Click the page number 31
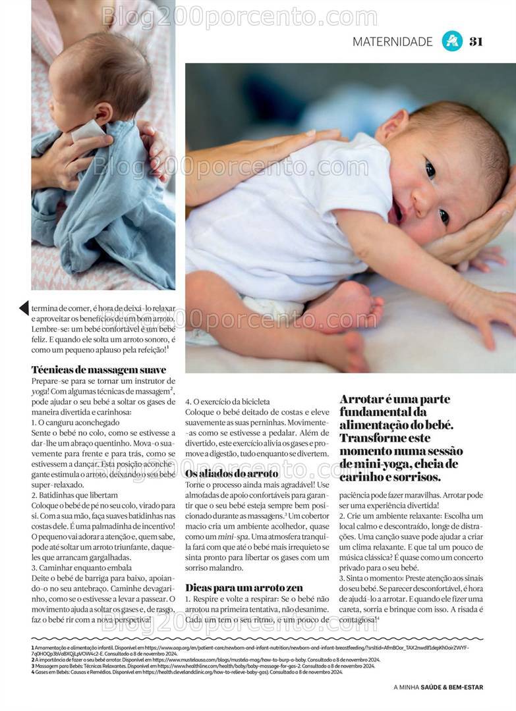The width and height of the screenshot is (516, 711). (476, 41)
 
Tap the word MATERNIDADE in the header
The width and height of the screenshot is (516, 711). (392, 41)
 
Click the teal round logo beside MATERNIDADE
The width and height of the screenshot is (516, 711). (451, 41)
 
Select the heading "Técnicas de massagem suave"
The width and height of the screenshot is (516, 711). (98, 369)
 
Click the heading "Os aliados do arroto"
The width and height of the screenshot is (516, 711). (231, 473)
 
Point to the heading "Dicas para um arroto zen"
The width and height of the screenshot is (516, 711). (243, 587)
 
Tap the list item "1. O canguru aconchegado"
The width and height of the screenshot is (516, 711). (75, 422)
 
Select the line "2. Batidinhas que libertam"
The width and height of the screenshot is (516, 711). (74, 495)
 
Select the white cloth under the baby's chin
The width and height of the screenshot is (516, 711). (89, 130)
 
